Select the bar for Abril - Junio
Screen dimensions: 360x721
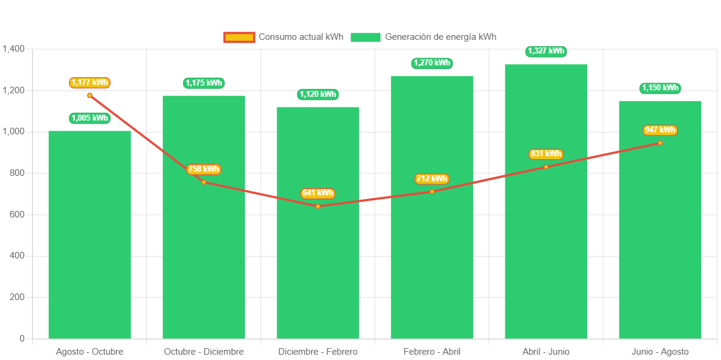coord(546,250)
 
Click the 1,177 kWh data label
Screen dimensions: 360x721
coord(90,83)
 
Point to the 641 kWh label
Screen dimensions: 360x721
coord(317,193)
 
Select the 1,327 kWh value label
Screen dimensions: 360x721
coord(546,51)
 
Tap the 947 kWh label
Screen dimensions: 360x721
coord(660,130)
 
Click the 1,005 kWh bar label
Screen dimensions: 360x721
coord(90,118)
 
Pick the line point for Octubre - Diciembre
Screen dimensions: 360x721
coord(204,182)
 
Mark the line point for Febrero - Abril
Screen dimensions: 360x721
coord(432,191)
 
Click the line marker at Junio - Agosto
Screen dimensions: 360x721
coord(660,143)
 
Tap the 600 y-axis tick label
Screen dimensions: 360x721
coord(17,214)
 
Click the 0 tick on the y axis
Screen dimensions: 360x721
coord(22,339)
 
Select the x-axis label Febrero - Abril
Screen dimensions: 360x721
coord(432,352)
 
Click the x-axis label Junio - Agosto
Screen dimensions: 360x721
coord(660,352)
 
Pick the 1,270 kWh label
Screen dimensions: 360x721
coord(432,63)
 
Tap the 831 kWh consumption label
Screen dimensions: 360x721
coord(546,154)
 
